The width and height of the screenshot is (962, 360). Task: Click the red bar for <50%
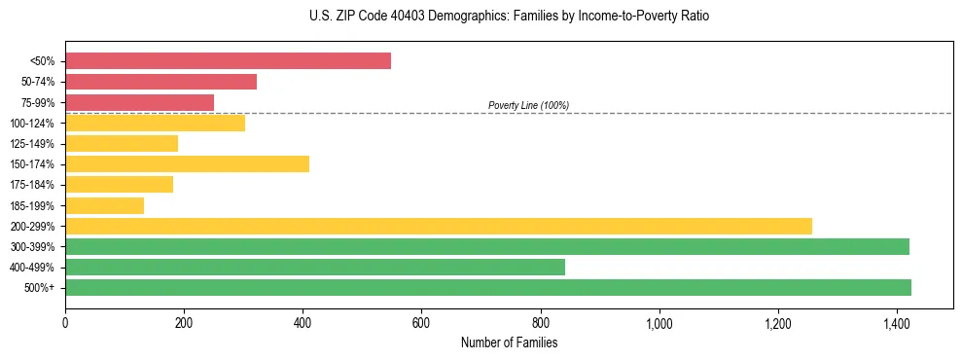[x=228, y=61]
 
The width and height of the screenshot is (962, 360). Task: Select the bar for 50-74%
[x=160, y=82]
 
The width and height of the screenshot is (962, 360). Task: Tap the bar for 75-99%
[x=139, y=102]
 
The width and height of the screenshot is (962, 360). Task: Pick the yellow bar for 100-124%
[x=155, y=123]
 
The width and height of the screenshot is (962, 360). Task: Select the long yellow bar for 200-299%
[x=438, y=226]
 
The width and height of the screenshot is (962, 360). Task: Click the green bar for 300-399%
[x=486, y=246]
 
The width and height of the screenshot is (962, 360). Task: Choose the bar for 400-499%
[x=314, y=267]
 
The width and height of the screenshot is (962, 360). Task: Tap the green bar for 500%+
[x=487, y=287]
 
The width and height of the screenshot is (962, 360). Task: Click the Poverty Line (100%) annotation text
[x=528, y=105]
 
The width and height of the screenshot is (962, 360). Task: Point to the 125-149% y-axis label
[x=32, y=144]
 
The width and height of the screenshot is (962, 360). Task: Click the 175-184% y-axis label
[x=32, y=185]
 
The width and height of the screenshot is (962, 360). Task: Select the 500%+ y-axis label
[x=40, y=288]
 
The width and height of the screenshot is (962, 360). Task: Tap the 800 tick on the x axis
[x=541, y=322]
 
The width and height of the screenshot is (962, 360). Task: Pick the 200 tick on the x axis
[x=184, y=322]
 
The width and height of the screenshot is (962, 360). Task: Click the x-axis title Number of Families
[x=509, y=342]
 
